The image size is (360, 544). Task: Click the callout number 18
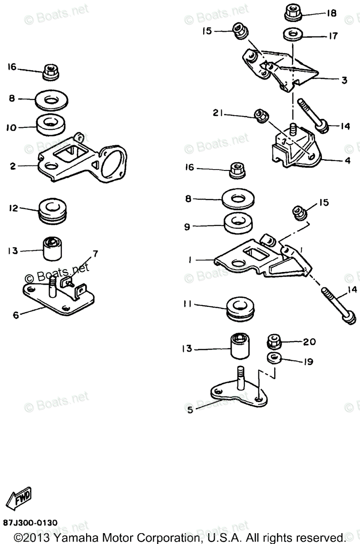(x=331, y=13)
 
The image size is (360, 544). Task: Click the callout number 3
(x=344, y=80)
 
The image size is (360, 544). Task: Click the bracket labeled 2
(x=82, y=159)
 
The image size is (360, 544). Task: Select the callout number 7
(x=95, y=253)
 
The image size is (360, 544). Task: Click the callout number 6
(x=16, y=314)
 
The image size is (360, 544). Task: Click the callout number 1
(x=191, y=260)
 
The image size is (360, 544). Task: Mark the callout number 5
(x=190, y=409)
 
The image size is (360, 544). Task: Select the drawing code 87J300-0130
(x=29, y=523)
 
